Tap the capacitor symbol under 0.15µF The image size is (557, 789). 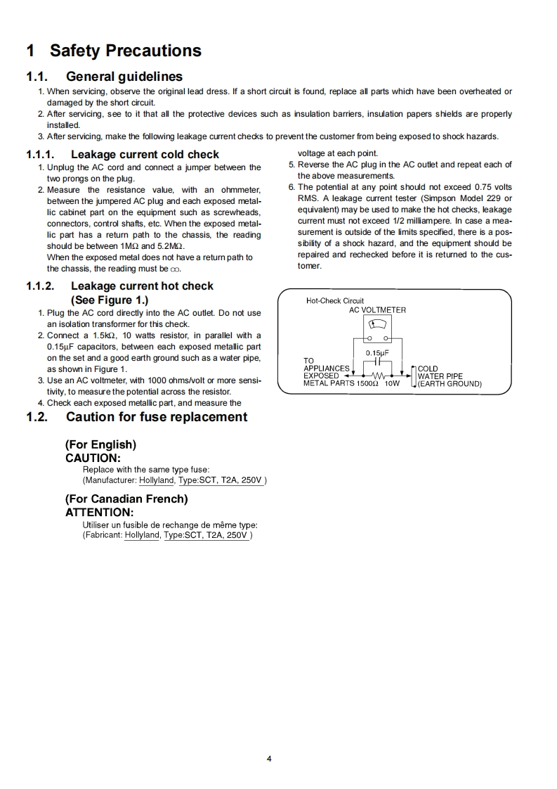pyautogui.click(x=377, y=363)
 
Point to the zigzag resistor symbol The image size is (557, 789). pyautogui.click(x=378, y=376)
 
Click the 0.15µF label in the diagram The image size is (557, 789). pyautogui.click(x=377, y=353)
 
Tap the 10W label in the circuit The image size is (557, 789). pyautogui.click(x=392, y=384)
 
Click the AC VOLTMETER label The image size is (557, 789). pyautogui.click(x=377, y=309)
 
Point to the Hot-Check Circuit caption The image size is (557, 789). pyautogui.click(x=335, y=301)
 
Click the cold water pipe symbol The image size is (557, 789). pyautogui.click(x=413, y=376)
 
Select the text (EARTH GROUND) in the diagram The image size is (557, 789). pyautogui.click(x=450, y=384)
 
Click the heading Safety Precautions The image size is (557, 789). pyautogui.click(x=125, y=51)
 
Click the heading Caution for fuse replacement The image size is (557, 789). pyautogui.click(x=156, y=417)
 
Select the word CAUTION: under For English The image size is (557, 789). pyautogui.click(x=93, y=457)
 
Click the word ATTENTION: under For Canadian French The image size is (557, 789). pyautogui.click(x=99, y=512)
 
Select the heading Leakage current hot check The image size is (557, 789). pyautogui.click(x=142, y=286)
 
